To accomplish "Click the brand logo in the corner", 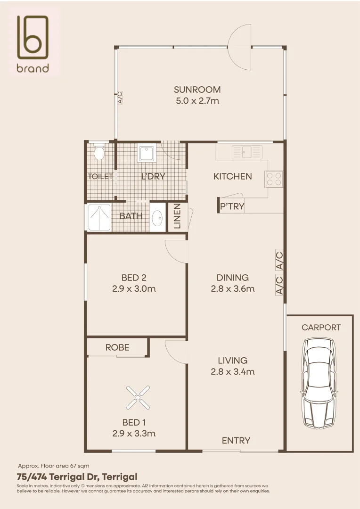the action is tap(33, 43).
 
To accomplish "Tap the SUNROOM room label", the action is tap(197, 90).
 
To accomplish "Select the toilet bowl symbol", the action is tap(99, 152).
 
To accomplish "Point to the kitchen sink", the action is tap(247, 152).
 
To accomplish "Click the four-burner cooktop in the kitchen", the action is tap(274, 179).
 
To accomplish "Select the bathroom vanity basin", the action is tap(157, 218).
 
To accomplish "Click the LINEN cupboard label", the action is tap(177, 216).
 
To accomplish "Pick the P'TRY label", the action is tap(232, 206).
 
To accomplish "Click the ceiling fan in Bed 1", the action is tap(138, 397).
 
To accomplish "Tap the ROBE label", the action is tap(117, 348).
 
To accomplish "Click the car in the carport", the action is tap(318, 383).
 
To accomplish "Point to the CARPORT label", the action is tap(321, 328).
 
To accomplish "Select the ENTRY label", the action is tap(236, 441).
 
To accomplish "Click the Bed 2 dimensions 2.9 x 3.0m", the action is tap(134, 288).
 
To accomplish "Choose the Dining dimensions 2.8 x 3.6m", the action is tap(233, 288).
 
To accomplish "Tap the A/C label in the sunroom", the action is tap(120, 98).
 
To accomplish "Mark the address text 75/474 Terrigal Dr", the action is tap(58, 477).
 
